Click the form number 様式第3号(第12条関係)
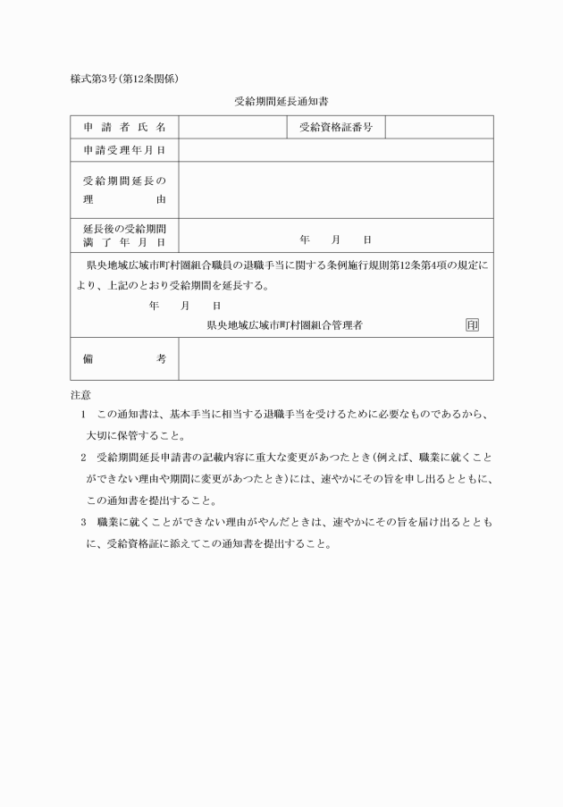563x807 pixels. (x=125, y=79)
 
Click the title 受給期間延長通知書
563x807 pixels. (x=281, y=102)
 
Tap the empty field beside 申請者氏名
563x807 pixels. (x=231, y=128)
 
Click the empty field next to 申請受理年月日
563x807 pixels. (x=335, y=150)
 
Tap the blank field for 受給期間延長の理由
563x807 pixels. (x=335, y=190)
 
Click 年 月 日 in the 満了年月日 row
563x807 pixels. (x=335, y=240)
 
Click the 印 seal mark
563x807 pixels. (x=472, y=325)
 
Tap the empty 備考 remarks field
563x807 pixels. (x=335, y=358)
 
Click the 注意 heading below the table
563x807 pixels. (x=80, y=394)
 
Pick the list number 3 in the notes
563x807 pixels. (x=83, y=520)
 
